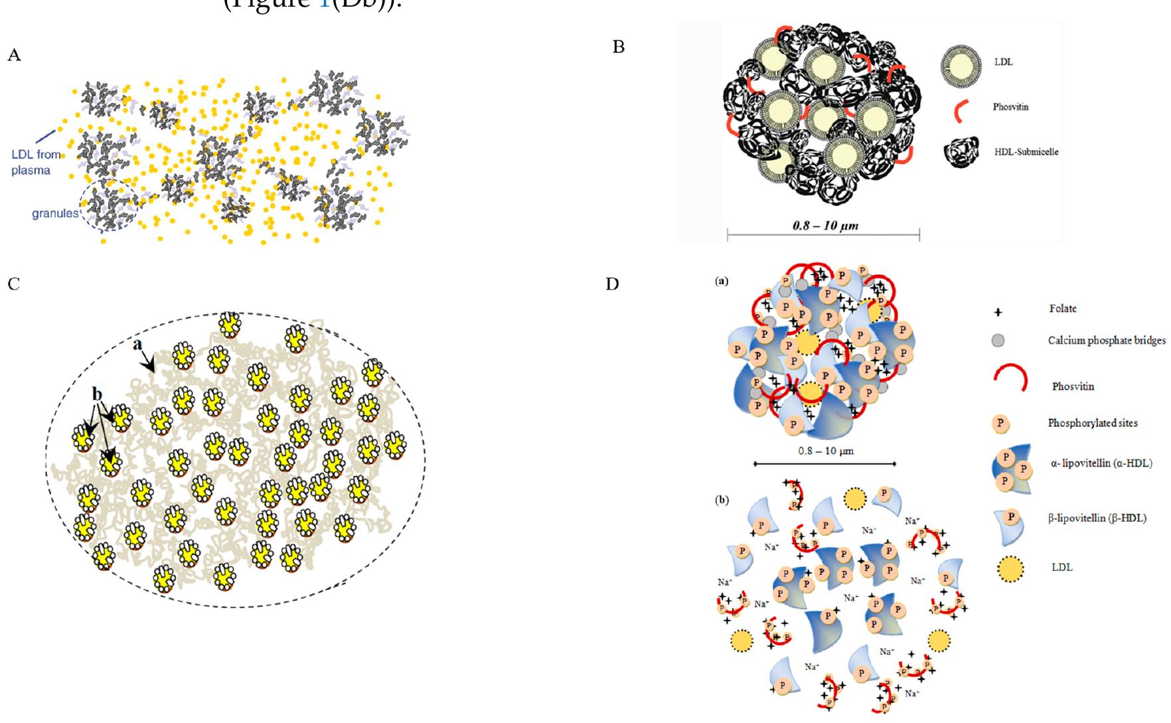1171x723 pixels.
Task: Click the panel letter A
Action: [x=14, y=56]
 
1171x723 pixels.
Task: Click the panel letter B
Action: [x=618, y=48]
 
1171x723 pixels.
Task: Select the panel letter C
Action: [x=14, y=285]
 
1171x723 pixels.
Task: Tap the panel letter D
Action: [x=612, y=285]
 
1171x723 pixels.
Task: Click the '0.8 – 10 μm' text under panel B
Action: [x=825, y=226]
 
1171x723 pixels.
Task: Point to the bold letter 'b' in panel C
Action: [x=98, y=394]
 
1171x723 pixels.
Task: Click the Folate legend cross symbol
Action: [x=998, y=312]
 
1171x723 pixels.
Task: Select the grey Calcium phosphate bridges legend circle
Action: [x=998, y=341]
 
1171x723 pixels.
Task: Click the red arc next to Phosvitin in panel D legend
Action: [x=1010, y=379]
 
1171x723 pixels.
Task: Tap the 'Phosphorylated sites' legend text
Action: [x=1092, y=423]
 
